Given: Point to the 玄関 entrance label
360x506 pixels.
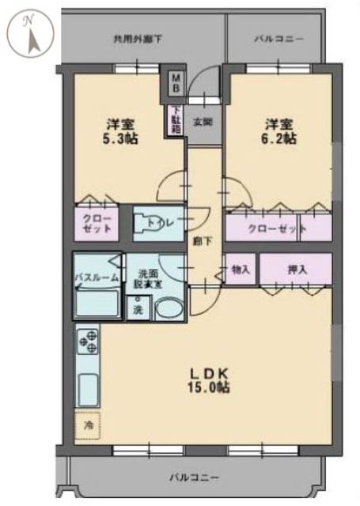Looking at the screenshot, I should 200,122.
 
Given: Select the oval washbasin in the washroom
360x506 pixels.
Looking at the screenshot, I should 167,308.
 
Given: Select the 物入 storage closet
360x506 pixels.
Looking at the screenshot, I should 241,270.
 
